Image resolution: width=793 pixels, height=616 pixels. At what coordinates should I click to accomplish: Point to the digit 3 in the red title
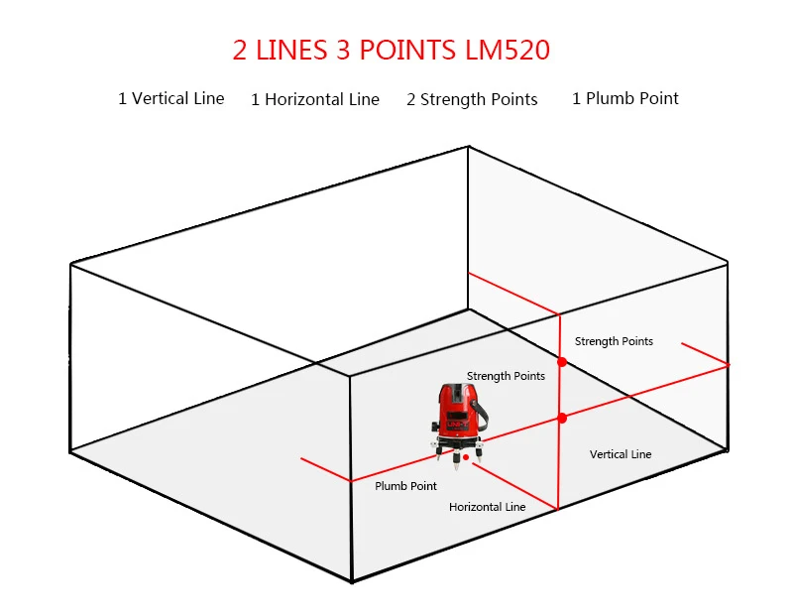click(343, 51)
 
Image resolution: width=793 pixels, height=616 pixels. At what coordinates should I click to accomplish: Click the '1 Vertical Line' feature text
click(171, 98)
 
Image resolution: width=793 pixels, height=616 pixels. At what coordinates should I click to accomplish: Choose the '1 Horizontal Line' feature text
click(315, 99)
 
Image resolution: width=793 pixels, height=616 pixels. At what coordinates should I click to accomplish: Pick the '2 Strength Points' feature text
click(472, 99)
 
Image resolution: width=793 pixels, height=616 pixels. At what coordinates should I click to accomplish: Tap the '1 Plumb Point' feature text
click(625, 98)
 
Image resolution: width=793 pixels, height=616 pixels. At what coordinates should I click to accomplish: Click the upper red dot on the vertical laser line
click(562, 362)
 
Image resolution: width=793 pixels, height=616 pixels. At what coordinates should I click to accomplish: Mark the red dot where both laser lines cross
click(562, 418)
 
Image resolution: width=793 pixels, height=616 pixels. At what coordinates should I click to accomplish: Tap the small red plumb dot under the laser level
click(465, 457)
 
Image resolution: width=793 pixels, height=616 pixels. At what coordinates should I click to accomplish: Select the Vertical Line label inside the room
click(621, 454)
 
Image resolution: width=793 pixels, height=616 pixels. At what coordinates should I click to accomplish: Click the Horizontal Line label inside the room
click(487, 507)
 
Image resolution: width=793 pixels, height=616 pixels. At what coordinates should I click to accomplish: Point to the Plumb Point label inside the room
click(405, 486)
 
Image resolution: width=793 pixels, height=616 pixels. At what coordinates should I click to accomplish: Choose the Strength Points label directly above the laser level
click(506, 376)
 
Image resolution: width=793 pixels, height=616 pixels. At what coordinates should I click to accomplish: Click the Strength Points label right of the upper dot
click(614, 341)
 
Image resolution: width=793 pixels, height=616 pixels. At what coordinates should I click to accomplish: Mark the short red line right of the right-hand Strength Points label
click(705, 354)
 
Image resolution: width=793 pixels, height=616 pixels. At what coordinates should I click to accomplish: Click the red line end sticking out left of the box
click(324, 469)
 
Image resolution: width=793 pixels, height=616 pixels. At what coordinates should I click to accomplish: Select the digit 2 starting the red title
click(241, 51)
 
